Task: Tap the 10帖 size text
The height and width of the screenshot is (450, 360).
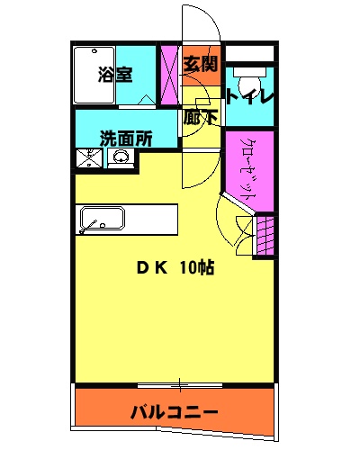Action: click(x=195, y=267)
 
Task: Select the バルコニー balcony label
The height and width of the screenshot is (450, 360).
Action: click(x=174, y=412)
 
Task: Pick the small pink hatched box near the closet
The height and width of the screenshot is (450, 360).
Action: click(x=264, y=237)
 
